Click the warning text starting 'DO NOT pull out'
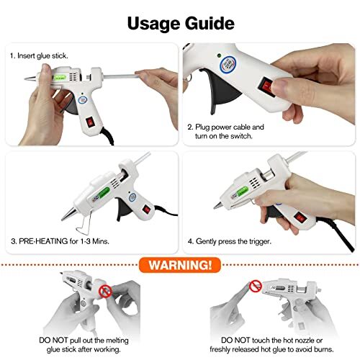pyautogui.click(x=88, y=341)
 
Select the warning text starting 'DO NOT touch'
pyautogui.click(x=271, y=341)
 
